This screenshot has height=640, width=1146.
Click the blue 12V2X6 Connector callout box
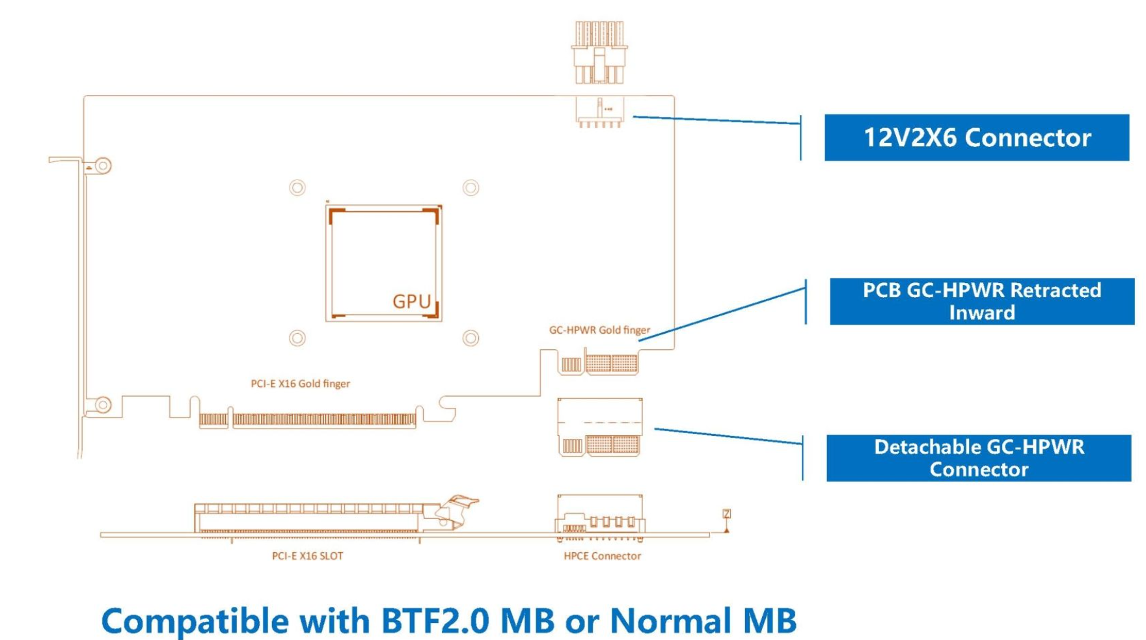[x=976, y=137]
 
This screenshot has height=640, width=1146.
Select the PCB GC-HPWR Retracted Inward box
[x=981, y=301]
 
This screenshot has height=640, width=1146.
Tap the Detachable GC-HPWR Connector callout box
[x=978, y=458]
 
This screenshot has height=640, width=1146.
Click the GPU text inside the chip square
[x=411, y=302]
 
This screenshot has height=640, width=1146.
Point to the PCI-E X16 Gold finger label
[x=300, y=384]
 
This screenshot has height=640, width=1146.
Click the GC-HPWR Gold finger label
[x=599, y=330]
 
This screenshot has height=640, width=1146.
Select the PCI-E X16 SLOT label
[x=307, y=556]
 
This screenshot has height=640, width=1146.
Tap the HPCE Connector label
[x=602, y=556]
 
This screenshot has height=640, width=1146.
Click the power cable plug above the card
[x=599, y=52]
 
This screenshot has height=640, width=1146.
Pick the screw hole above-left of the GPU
[x=297, y=188]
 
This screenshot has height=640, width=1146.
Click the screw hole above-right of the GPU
[x=471, y=188]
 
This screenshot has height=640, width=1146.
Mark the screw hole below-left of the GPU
[x=297, y=338]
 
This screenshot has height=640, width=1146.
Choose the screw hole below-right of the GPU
[x=471, y=338]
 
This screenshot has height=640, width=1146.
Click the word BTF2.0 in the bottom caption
[x=435, y=620]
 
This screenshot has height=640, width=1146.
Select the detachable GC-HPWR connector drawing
[x=599, y=427]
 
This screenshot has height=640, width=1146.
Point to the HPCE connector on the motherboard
[x=600, y=517]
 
